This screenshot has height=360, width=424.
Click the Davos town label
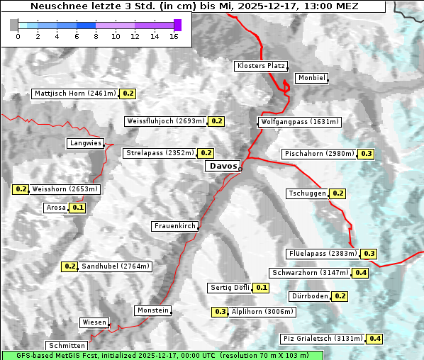click(223, 166)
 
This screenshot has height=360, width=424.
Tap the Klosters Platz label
click(260, 66)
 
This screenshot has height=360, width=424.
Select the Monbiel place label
click(311, 78)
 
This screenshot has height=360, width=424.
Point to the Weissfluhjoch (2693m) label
click(165, 121)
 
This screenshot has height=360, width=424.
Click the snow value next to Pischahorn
click(367, 154)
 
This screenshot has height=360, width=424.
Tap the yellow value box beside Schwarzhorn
click(361, 273)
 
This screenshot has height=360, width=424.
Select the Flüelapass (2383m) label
click(323, 254)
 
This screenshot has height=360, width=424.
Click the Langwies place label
click(85, 143)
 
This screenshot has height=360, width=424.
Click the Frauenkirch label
click(174, 226)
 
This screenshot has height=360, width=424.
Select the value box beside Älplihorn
click(221, 311)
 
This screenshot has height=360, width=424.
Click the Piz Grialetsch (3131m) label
click(323, 339)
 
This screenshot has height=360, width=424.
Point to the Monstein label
click(153, 310)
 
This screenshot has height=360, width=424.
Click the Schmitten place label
click(68, 346)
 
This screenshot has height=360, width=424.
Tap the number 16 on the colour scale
click(174, 35)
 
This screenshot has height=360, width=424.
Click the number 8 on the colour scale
click(96, 35)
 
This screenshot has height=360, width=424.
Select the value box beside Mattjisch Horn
click(128, 94)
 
